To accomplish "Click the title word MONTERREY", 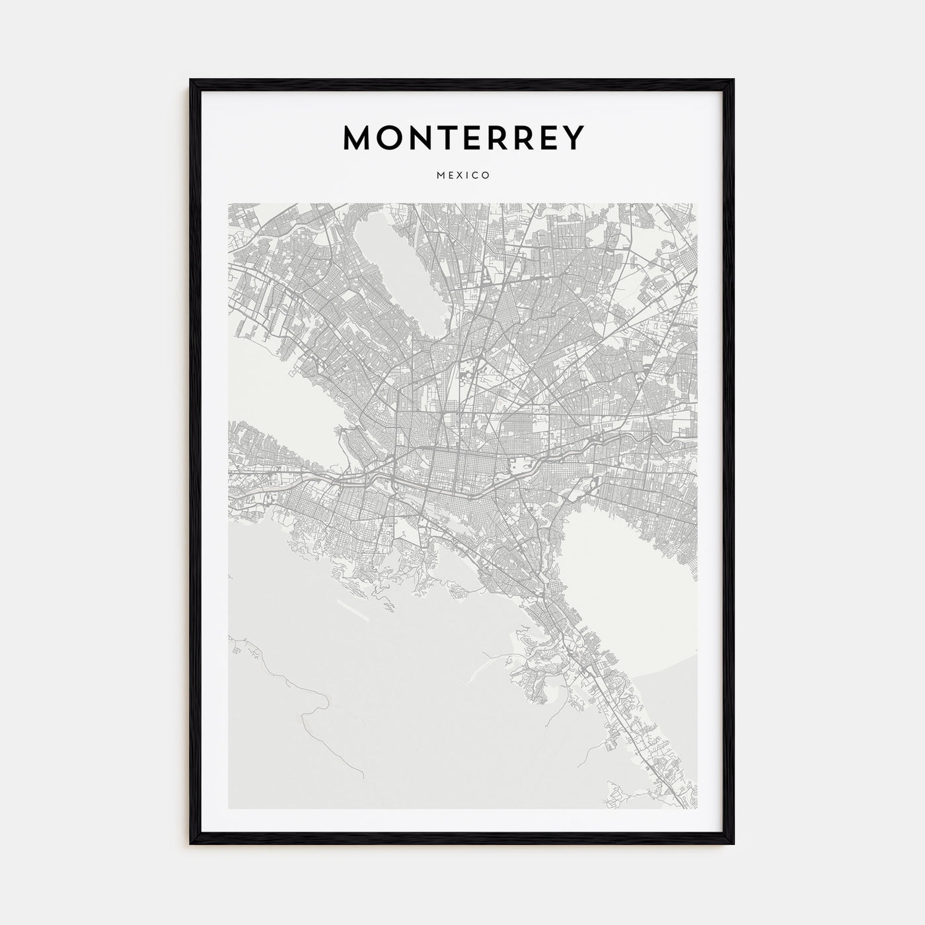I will click(x=463, y=137).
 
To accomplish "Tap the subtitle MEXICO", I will click(x=462, y=176).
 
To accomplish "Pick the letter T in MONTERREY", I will click(x=451, y=137).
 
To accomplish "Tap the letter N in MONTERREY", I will click(x=423, y=137).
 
